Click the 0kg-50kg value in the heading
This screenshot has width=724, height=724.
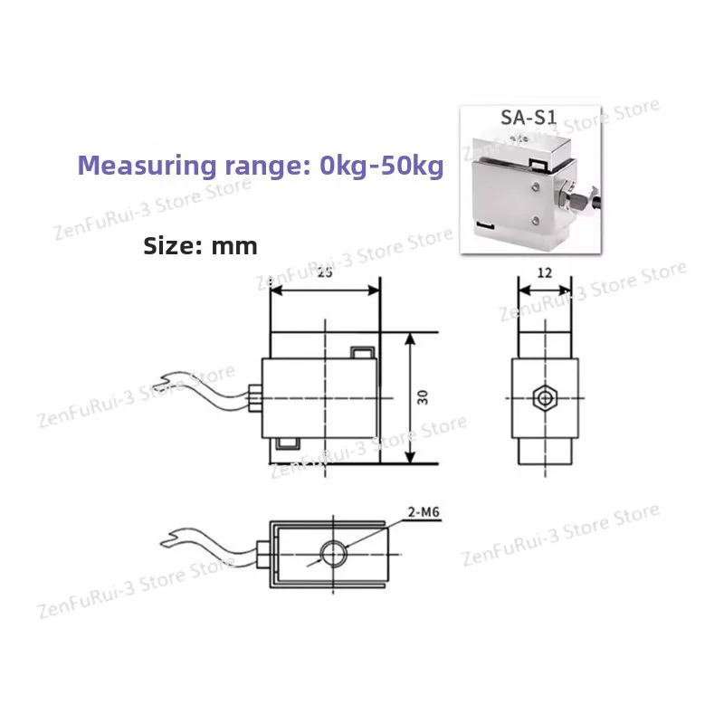381,166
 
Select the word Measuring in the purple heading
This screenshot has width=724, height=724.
147,167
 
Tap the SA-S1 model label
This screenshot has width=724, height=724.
529,118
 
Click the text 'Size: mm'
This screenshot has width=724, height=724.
200,245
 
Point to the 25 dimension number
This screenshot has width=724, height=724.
325,273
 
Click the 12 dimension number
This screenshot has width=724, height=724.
545,273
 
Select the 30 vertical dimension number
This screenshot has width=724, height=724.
423,397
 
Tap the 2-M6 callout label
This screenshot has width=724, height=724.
424,512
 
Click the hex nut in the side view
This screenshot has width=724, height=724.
545,397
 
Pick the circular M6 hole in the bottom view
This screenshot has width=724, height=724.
333,553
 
